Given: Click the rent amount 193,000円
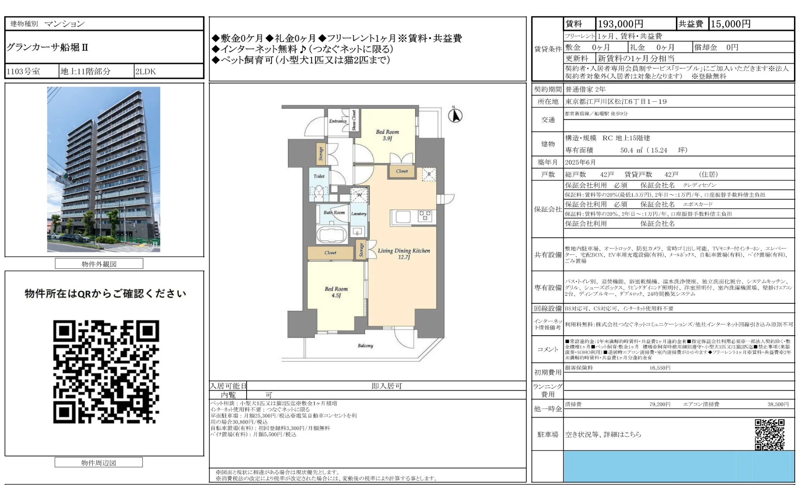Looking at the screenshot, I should coord(620,24).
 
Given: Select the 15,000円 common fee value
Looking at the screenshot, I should coord(730,24).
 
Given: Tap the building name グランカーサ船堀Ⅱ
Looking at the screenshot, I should coord(48,48).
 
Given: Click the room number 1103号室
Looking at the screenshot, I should coord(23,71).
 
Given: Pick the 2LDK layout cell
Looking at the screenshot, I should coord(146,71).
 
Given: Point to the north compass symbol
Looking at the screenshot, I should coord(455,115).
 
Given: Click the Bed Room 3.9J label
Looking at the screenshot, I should coord(387,135).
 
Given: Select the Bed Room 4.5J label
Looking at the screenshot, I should coord(336,292).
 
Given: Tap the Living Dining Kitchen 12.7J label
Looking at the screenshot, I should coord(404,253).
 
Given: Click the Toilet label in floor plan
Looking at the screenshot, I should coord(319,176).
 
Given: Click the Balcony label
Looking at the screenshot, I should coord(365,345).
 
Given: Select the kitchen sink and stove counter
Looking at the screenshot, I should coord(413,217).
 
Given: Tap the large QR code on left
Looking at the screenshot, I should coord(106,372).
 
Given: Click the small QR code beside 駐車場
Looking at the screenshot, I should coord(769,434).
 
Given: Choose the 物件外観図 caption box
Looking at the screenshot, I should coord(99,264).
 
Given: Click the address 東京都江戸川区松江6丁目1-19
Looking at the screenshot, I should coord(616,102).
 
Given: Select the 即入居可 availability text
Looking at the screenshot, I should coord(386,386).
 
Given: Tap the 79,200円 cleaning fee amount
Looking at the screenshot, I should coord(660,404).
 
